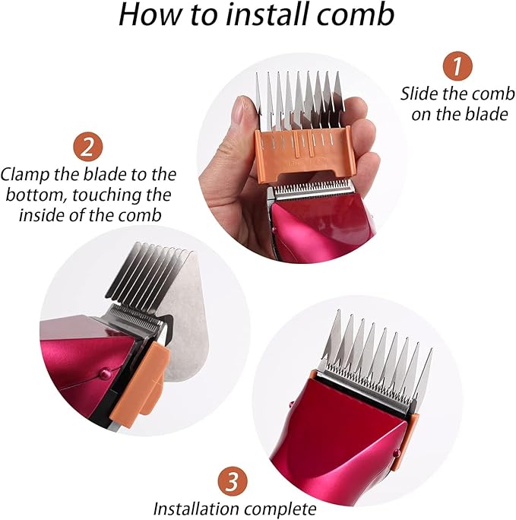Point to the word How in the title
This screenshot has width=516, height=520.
tap(148, 17)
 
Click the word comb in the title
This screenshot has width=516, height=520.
tap(361, 17)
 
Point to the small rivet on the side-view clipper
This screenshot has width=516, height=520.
tap(102, 374)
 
